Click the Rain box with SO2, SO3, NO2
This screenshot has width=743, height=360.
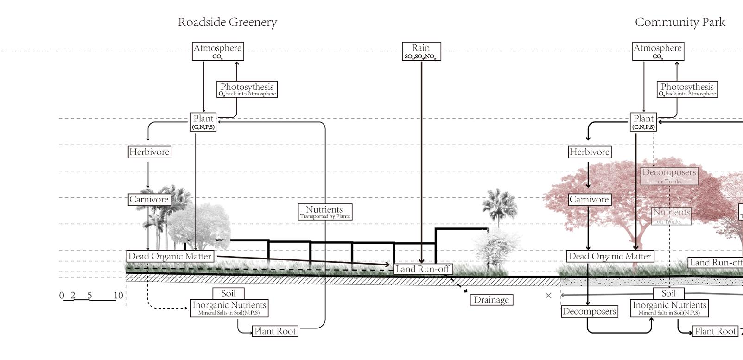tap(421, 51)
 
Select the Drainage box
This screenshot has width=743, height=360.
tap(491, 300)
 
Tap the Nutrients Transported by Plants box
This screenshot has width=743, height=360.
tap(325, 212)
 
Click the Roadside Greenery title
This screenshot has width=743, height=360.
tap(227, 22)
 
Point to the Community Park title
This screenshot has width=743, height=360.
tap(679, 22)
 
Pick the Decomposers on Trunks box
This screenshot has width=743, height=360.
tap(669, 176)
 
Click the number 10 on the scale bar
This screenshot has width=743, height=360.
tap(118, 296)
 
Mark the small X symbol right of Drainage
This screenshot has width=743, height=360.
tap(548, 296)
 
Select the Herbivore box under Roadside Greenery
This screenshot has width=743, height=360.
tap(149, 152)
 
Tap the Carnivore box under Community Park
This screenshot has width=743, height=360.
tap(589, 200)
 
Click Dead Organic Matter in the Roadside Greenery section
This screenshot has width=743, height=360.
tap(170, 256)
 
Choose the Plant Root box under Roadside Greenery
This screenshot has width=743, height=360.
tap(275, 331)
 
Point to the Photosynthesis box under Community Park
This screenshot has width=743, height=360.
tap(687, 89)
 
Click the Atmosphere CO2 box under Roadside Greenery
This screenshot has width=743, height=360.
tap(217, 51)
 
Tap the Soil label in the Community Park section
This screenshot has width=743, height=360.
tap(668, 293)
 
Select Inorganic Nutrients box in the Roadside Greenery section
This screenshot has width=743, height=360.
tap(229, 308)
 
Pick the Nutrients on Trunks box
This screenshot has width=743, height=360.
tap(672, 215)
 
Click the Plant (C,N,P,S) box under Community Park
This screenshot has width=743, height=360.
tap(643, 122)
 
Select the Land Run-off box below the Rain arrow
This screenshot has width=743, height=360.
tap(422, 269)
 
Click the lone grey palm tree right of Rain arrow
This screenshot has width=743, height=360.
tap(499, 206)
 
